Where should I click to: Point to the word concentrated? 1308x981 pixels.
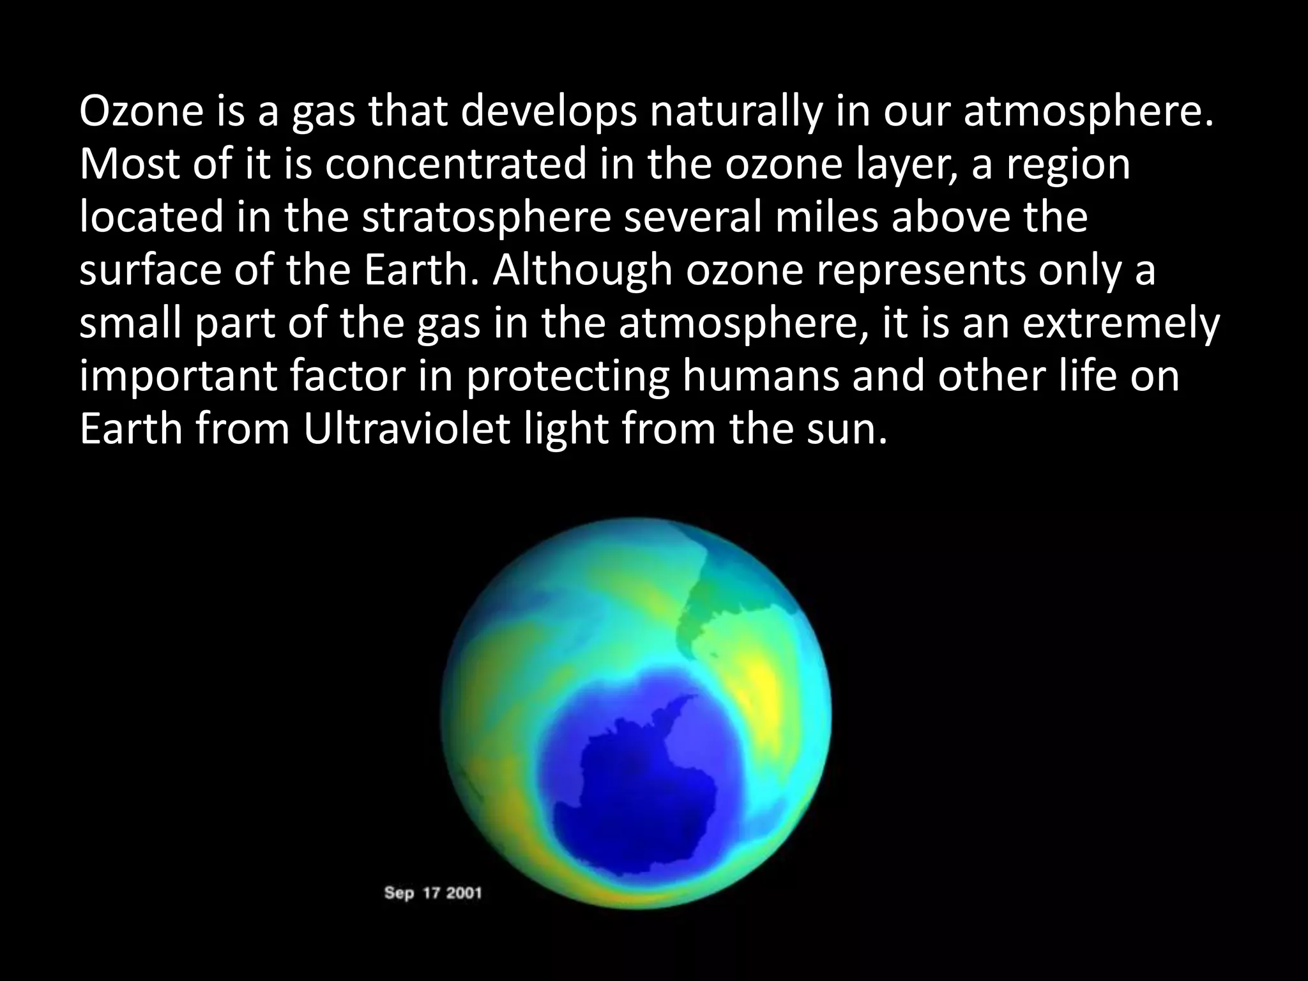click(x=455, y=165)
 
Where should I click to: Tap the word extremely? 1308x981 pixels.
click(x=1121, y=324)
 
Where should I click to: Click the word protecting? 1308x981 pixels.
click(x=566, y=377)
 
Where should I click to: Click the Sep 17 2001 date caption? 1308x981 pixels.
click(x=432, y=893)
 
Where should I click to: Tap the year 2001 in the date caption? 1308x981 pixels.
click(x=464, y=893)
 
